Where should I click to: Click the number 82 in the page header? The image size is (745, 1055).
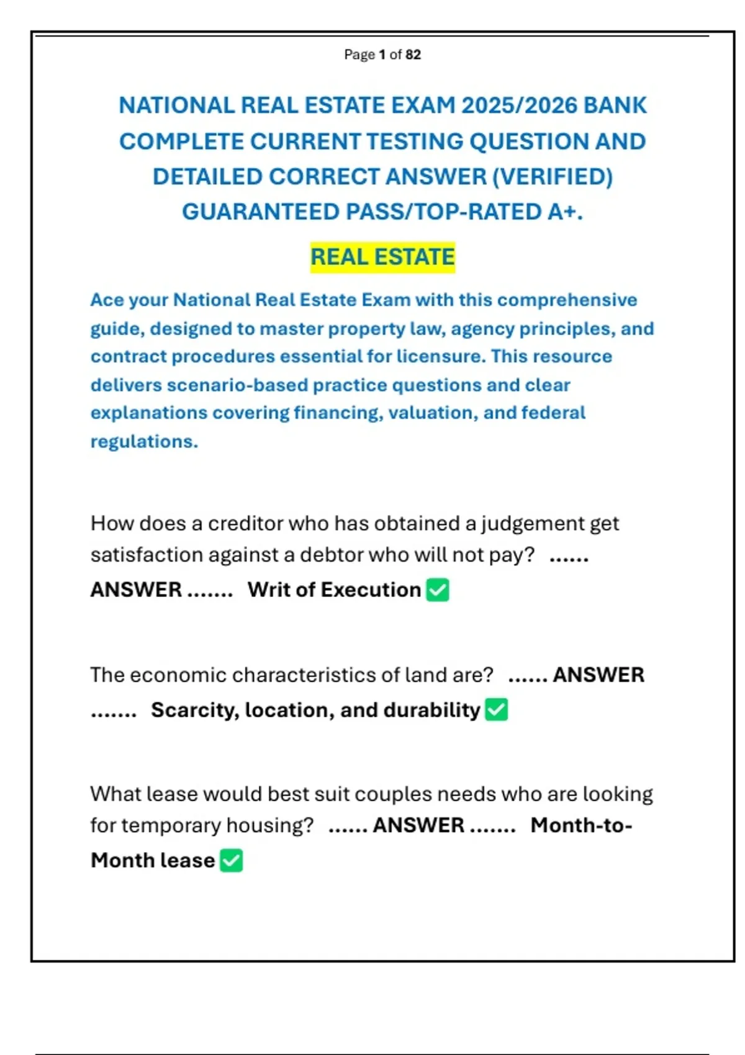(413, 55)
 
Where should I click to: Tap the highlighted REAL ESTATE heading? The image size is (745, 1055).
(382, 257)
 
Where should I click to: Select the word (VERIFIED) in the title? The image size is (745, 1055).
(552, 177)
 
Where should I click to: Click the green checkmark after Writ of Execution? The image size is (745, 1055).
(438, 590)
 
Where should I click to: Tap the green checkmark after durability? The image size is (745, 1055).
(496, 709)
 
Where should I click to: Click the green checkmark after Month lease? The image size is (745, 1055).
(232, 861)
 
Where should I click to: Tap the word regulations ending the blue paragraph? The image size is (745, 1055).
(143, 441)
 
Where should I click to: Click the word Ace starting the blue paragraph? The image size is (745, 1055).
(107, 300)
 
